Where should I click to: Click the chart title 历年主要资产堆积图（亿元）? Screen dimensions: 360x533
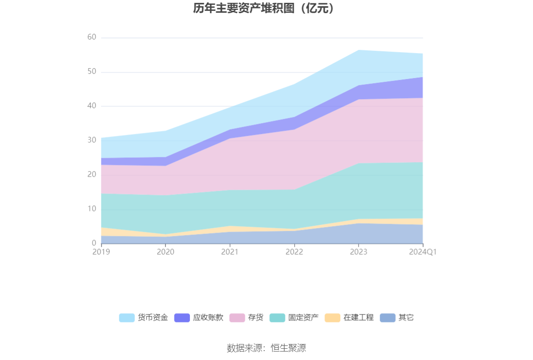tap(266, 8)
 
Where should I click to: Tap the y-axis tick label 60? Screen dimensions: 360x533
tap(92, 37)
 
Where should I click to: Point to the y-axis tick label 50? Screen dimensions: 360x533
tap(92, 71)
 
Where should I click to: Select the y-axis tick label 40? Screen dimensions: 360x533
tap(92, 106)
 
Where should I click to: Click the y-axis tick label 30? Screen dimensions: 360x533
tap(92, 140)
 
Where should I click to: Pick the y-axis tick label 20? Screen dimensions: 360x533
tap(92, 174)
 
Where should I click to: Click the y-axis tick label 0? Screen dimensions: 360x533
tap(94, 243)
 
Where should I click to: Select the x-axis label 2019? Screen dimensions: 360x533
tap(101, 252)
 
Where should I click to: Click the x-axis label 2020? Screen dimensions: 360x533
tap(165, 252)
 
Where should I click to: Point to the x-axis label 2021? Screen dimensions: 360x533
tap(230, 252)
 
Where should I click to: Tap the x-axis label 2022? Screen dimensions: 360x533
tap(294, 252)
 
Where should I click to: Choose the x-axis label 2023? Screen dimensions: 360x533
tap(359, 252)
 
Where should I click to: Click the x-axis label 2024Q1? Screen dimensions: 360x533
tap(423, 252)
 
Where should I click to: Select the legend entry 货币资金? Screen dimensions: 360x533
tap(144, 318)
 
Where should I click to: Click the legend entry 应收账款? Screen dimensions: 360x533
tap(199, 318)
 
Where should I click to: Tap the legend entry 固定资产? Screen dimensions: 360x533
tap(294, 318)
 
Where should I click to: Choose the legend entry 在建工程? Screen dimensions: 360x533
tap(350, 318)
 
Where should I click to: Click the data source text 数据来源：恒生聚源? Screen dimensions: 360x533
tap(266, 348)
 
